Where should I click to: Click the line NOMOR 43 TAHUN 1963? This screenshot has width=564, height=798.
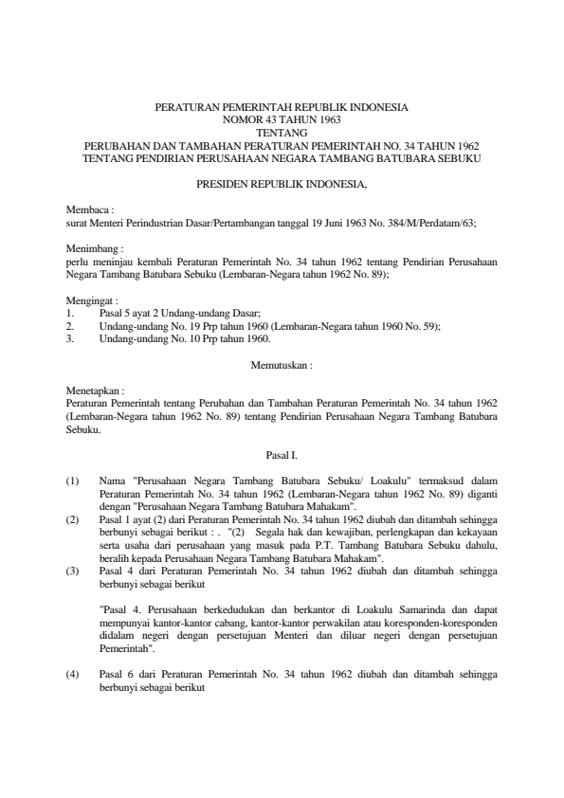point(282,121)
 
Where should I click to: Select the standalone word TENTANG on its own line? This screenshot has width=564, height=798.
point(282,134)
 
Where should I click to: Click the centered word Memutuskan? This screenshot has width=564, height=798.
point(282,364)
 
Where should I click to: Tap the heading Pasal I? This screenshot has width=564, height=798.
point(282,455)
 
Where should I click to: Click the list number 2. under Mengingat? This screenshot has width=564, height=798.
point(70,325)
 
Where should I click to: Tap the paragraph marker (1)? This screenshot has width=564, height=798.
point(73,481)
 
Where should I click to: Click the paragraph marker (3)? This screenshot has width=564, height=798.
point(73,571)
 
